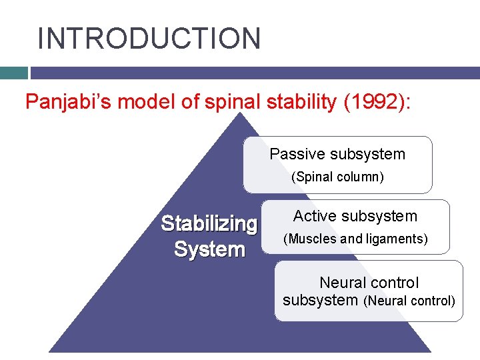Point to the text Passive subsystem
(337, 154)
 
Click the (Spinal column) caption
(337, 178)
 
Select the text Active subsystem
(355, 216)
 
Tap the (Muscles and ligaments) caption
(356, 239)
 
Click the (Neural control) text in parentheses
(409, 301)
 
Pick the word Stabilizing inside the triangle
(209, 223)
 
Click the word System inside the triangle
(209, 250)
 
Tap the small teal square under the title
(13, 73)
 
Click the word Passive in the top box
(294, 154)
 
